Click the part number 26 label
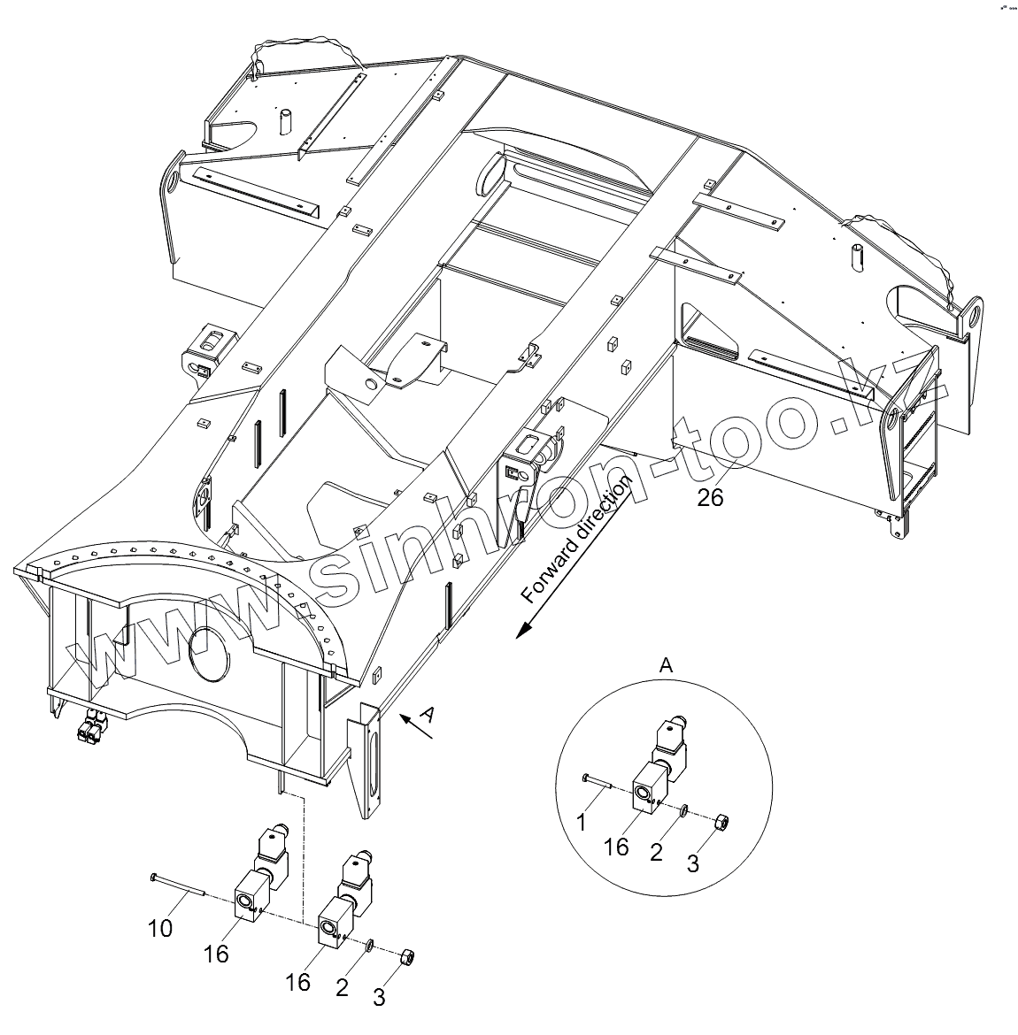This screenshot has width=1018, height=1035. tap(710, 497)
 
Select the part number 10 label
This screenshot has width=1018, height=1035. tap(159, 928)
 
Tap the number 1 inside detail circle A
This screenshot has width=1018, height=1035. tap(582, 823)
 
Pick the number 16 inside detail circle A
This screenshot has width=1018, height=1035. tap(616, 847)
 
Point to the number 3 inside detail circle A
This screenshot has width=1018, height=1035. tap(693, 863)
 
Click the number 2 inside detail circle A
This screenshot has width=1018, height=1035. tap(656, 851)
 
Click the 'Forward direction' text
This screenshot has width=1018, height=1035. tap(577, 540)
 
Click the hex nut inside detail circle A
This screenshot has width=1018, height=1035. tap(721, 821)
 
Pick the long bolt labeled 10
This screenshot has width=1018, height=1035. tap(177, 885)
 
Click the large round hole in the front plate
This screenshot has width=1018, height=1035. tap(209, 655)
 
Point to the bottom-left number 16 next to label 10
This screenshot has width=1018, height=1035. tap(216, 954)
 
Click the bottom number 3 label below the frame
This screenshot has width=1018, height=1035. tap(379, 997)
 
